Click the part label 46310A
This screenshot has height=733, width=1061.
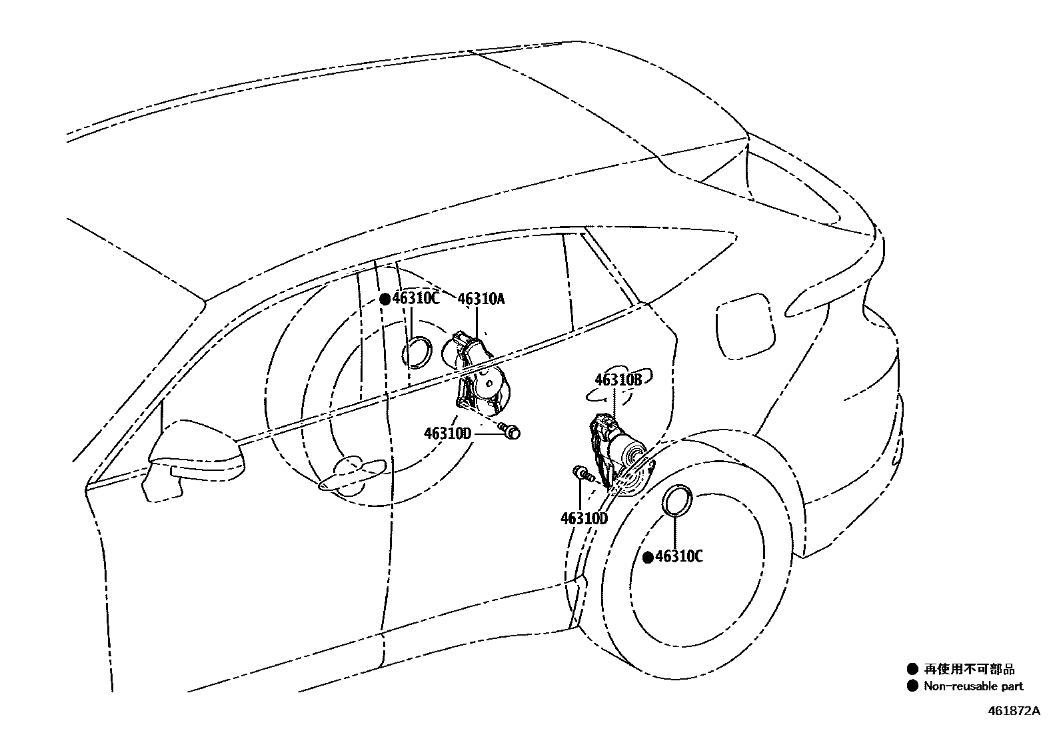[x=481, y=299]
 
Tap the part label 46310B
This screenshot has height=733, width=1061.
[x=618, y=380]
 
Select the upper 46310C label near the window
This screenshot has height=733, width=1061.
[x=416, y=298]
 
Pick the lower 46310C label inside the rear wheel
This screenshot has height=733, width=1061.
[x=678, y=556]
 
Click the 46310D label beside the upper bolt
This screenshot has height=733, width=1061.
[x=447, y=434]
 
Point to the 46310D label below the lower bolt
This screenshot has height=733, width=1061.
[x=584, y=518]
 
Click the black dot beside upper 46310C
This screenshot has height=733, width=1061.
[x=385, y=299]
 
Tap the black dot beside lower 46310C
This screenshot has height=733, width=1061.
[x=647, y=557]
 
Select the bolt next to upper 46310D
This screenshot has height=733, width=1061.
[x=510, y=432]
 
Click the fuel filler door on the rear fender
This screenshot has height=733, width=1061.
[x=746, y=327]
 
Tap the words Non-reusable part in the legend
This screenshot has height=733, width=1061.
[x=973, y=686]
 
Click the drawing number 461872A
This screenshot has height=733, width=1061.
[x=1013, y=711]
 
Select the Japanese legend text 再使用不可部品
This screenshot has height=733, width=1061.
[x=969, y=669]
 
